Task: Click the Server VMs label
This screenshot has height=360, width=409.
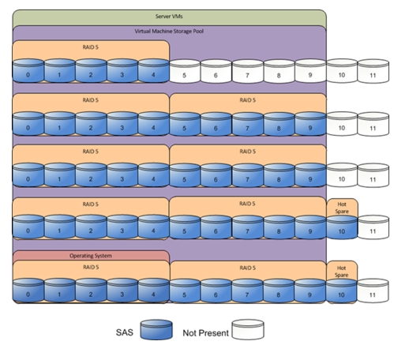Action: pyautogui.click(x=169, y=17)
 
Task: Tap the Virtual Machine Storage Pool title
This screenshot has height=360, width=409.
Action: pyautogui.click(x=169, y=32)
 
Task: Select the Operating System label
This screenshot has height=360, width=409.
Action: pyautogui.click(x=91, y=256)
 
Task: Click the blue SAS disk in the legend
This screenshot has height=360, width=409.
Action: pyautogui.click(x=156, y=330)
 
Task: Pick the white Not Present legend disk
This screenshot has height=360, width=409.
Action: pyautogui.click(x=248, y=329)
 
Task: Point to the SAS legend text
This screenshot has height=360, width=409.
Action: pyautogui.click(x=125, y=332)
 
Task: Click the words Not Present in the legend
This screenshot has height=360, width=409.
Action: pyautogui.click(x=205, y=333)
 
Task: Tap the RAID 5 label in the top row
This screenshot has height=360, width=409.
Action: pyautogui.click(x=90, y=47)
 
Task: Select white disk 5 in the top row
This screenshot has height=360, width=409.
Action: pyautogui.click(x=185, y=71)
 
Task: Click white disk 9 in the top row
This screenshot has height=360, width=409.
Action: pyautogui.click(x=310, y=71)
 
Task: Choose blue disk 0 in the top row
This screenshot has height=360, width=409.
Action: pyautogui.click(x=28, y=71)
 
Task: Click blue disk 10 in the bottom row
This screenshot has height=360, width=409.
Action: pyautogui.click(x=341, y=291)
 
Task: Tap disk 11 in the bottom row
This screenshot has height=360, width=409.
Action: pyautogui.click(x=373, y=291)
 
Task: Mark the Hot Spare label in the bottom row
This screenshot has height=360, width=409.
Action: pyautogui.click(x=341, y=272)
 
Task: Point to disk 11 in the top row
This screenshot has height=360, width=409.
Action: pyautogui.click(x=373, y=71)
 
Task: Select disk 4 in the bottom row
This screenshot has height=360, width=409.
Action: pyautogui.click(x=153, y=291)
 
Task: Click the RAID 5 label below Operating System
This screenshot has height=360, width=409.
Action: pyautogui.click(x=91, y=268)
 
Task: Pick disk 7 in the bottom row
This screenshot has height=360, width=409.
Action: pyautogui.click(x=247, y=291)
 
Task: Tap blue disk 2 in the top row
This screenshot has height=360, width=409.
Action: pyautogui.click(x=91, y=71)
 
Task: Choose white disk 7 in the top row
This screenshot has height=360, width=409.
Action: pyautogui.click(x=247, y=71)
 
